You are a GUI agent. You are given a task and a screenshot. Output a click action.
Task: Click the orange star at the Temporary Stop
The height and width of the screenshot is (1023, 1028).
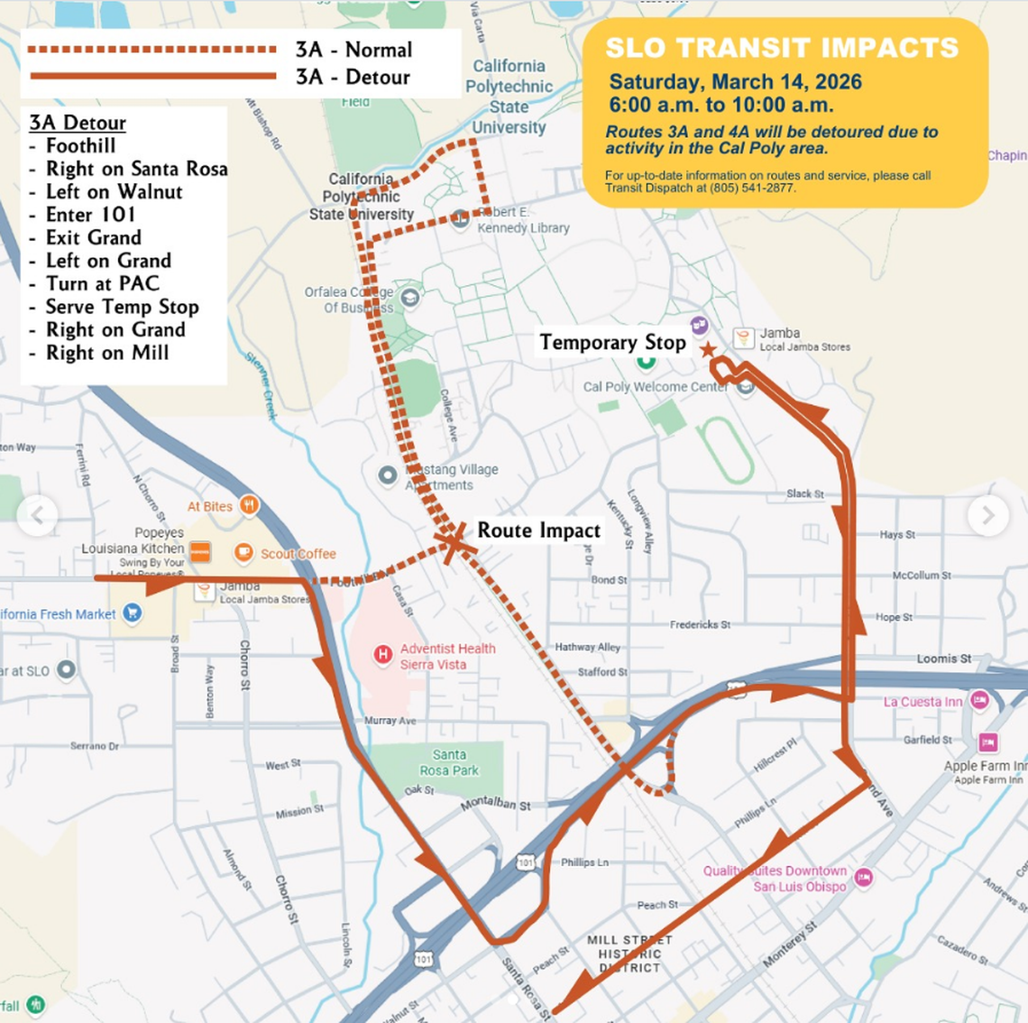click(x=708, y=350)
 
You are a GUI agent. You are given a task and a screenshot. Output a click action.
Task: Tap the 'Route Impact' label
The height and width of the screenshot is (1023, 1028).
click(x=538, y=530)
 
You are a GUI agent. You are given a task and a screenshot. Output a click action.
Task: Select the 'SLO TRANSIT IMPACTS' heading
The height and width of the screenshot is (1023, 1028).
click(x=782, y=48)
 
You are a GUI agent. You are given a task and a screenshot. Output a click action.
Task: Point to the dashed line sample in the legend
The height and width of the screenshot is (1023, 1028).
click(x=151, y=50)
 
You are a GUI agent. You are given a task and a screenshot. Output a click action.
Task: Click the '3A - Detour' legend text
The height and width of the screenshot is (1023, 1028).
click(x=353, y=78)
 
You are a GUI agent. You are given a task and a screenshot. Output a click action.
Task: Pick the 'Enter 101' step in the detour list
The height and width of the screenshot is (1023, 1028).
click(x=90, y=215)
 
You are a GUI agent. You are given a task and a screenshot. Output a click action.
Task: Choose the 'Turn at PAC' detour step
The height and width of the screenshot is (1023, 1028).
click(x=102, y=283)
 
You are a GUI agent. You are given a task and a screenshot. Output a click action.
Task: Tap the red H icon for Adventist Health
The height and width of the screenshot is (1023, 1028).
click(x=382, y=653)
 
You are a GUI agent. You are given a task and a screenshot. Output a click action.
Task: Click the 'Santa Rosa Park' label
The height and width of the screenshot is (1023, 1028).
click(x=449, y=762)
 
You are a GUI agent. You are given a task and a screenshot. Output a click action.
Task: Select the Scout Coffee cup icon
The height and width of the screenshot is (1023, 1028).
click(x=243, y=552)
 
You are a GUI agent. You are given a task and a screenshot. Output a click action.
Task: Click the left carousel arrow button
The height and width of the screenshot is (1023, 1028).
click(x=37, y=515)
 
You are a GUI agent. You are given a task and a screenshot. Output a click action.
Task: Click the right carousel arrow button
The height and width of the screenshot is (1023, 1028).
click(x=988, y=515)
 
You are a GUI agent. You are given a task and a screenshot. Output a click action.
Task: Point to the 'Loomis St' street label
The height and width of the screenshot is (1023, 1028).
click(x=943, y=659)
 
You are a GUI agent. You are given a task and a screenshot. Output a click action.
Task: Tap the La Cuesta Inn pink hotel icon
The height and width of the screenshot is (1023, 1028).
click(x=979, y=700)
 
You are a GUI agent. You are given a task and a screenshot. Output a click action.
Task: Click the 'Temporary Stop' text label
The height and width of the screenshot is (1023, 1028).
click(x=612, y=343)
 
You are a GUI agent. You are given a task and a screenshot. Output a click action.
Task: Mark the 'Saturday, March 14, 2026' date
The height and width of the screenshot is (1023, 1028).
click(x=735, y=82)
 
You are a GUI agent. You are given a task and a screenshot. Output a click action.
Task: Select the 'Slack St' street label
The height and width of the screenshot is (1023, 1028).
click(x=804, y=493)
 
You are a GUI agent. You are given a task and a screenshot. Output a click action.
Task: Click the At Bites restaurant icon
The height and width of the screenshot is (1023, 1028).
click(x=250, y=505)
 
